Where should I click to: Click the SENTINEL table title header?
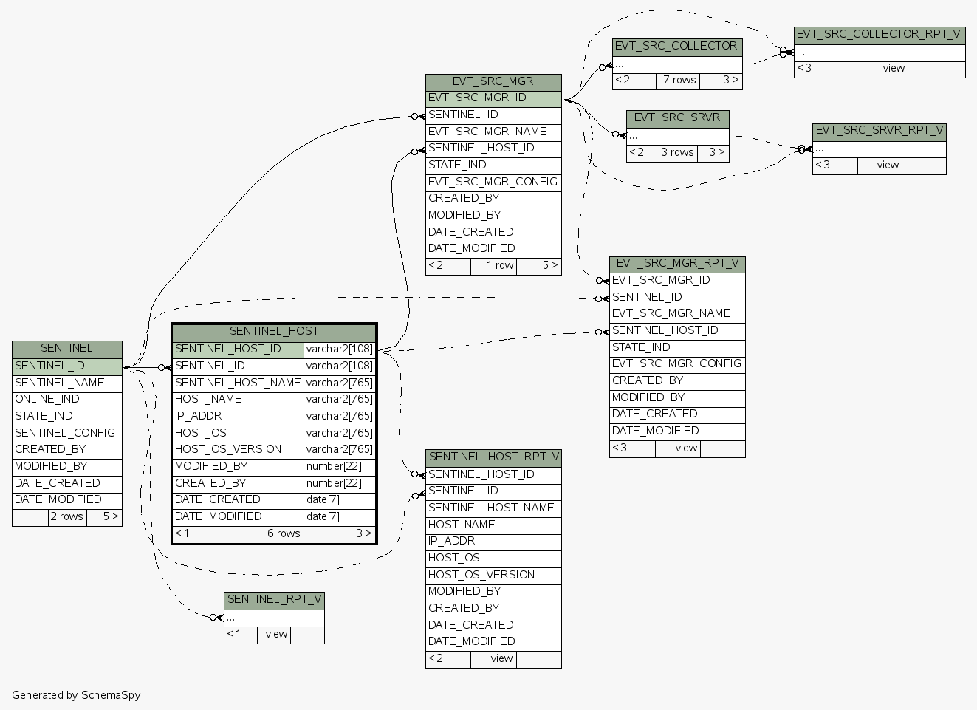coord(66,349)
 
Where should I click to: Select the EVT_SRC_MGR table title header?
coord(493,82)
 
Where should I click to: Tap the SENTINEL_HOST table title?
coord(274,332)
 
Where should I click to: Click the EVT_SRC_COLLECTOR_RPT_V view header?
coord(879,35)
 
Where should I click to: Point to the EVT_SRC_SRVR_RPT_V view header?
coord(879,131)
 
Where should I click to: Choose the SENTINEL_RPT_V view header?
coord(274,600)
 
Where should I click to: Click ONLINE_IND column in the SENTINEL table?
coord(47,400)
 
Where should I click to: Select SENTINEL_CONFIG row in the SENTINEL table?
coord(65,433)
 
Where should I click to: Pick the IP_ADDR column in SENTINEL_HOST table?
coord(199,416)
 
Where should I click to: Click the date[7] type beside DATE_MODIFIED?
coord(323,516)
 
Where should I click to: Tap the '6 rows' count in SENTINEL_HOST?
coord(283,533)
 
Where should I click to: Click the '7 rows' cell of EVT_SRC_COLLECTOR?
coord(679,81)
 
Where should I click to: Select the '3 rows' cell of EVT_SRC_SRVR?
coord(676,153)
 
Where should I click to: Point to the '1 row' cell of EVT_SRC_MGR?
coord(499,265)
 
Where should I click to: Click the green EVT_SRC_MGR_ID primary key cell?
coord(478,98)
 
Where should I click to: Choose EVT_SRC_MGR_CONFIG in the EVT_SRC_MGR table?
coord(493,182)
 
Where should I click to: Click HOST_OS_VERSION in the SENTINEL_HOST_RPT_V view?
coord(481,575)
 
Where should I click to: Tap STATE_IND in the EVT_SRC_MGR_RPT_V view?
coord(641,347)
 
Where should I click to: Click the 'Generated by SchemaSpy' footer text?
coord(76,695)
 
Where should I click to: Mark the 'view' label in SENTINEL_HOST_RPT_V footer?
coord(501,659)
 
